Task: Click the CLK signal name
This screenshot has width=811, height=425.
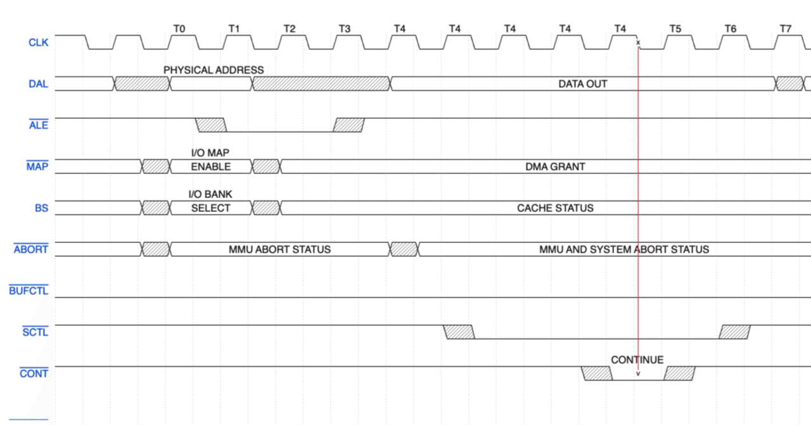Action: coord(38,43)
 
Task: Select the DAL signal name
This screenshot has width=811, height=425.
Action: coord(38,84)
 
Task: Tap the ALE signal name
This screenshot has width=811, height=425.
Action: coord(38,125)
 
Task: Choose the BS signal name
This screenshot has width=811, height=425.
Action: coord(41,208)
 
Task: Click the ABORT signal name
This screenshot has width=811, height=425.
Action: coord(30,249)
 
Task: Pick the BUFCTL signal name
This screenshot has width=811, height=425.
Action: coord(29,291)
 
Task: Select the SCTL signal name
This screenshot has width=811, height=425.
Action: coord(35,332)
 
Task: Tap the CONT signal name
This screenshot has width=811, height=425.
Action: coord(34,374)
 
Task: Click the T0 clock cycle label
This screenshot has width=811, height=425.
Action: coord(179,29)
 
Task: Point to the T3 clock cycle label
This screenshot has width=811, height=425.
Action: coord(344,29)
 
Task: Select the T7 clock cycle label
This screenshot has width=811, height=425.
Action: coord(786,29)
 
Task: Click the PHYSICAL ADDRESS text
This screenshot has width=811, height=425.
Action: coord(214,70)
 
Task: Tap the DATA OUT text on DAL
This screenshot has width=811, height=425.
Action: coord(582,84)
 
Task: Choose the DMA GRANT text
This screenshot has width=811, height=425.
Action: coord(555,167)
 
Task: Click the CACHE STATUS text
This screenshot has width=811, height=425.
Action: coord(555,208)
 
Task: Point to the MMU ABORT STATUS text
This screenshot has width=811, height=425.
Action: coord(279,249)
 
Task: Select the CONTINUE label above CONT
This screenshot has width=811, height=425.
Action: coord(637,360)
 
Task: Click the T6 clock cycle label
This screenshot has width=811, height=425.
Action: coord(731,29)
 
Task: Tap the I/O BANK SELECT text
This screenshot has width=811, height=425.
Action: coord(211,201)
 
